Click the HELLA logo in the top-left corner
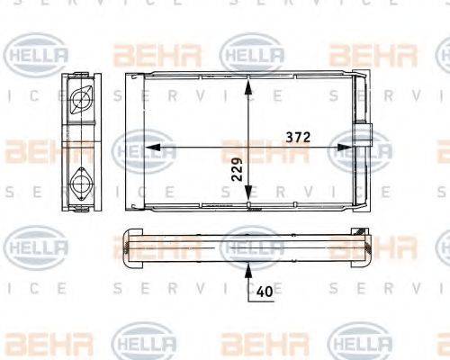36,53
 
